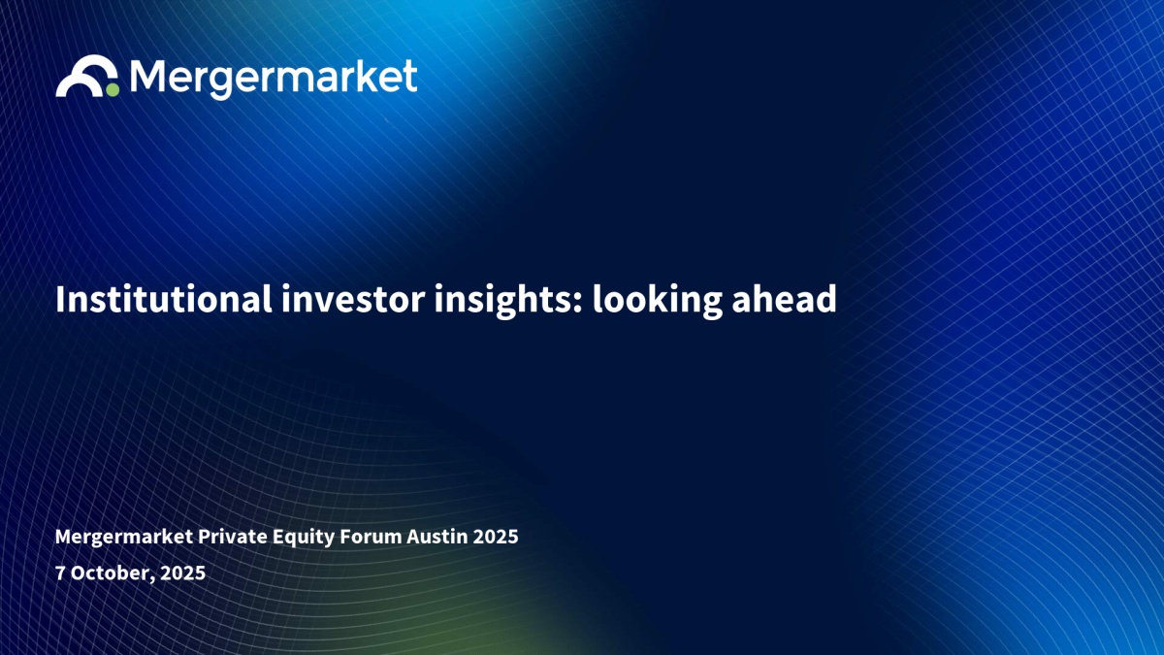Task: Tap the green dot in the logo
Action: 113,90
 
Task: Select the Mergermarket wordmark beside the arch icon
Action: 274,79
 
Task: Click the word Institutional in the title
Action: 164,299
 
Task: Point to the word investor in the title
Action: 353,300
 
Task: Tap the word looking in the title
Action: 657,301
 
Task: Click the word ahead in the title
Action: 784,299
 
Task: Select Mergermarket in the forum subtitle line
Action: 124,537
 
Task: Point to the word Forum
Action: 371,536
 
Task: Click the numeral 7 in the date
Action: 60,573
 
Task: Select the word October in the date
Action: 111,573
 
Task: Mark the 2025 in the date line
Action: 183,573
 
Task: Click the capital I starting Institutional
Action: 60,300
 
